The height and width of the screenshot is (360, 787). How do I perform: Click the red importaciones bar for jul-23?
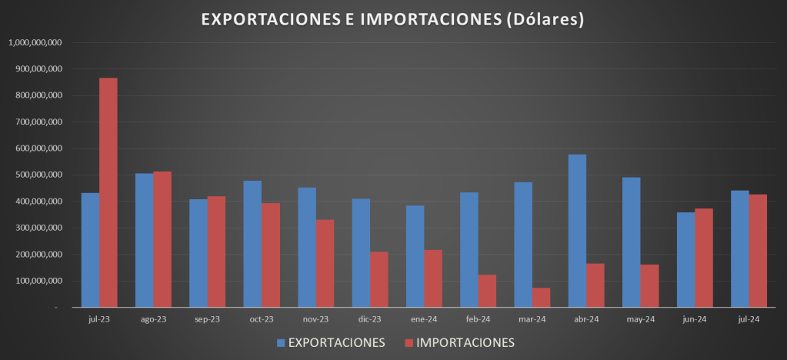coord(108,192)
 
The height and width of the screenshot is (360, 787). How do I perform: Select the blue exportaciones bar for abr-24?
coord(577,231)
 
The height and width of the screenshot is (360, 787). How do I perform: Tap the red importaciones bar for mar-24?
coord(541,298)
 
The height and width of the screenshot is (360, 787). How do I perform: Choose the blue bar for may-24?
coord(631,242)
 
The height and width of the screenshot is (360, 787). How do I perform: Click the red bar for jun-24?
coord(703,258)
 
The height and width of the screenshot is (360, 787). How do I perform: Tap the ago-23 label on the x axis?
coord(153,318)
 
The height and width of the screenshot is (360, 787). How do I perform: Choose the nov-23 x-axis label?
coord(315,318)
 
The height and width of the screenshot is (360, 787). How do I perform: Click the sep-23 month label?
coord(207,318)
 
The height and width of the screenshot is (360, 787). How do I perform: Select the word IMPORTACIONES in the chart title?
coord(429,19)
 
